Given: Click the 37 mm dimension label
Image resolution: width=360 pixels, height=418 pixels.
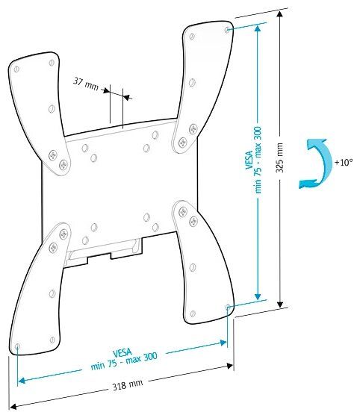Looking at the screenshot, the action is click(86, 84).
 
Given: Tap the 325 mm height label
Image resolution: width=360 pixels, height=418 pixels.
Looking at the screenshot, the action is click(279, 157).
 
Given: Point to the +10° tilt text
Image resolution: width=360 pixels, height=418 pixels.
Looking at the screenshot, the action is click(344, 162).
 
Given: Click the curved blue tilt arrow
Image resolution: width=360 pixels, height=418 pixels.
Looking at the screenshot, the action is click(324, 163).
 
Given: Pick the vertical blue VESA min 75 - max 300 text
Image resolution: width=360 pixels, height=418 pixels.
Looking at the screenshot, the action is click(254, 160).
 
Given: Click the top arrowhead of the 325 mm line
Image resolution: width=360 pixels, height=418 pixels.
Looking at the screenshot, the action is click(279, 13).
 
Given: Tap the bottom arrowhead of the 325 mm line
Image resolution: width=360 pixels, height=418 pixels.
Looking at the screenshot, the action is click(280, 305).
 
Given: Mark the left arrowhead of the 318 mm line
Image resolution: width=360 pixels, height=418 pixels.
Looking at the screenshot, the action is click(13, 407).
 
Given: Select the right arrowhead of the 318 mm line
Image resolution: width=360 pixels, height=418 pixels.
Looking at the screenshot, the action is click(229, 366).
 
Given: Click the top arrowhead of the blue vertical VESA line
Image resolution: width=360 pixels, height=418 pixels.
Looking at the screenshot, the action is click(258, 28).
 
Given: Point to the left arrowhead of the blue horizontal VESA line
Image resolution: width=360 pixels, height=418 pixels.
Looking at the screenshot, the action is click(22, 381).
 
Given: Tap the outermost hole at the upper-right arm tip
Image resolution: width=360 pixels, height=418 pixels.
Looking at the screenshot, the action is click(227, 30).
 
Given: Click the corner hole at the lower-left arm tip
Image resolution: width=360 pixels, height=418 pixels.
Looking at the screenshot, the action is click(18, 346).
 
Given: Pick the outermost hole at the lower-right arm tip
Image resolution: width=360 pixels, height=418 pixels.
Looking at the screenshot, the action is click(228, 307).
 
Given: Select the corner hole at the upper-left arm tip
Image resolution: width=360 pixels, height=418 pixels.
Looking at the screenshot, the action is click(16, 69).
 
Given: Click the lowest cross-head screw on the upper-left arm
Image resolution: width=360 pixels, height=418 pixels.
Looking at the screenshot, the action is click(63, 165).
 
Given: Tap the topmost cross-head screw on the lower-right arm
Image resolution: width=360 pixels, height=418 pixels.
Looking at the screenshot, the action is click(183, 212).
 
